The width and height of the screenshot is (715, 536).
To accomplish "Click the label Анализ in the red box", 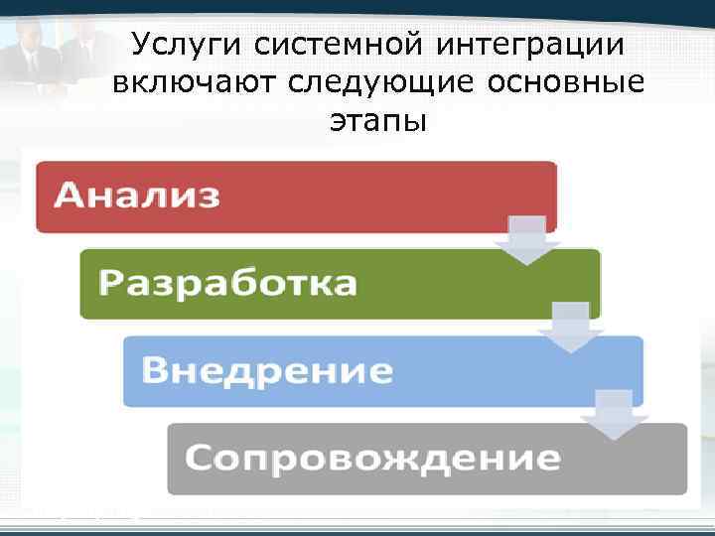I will pos(136,196).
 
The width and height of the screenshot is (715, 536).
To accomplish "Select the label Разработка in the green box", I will pos(228,283).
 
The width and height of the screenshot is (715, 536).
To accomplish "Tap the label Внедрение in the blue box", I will pos(268,370).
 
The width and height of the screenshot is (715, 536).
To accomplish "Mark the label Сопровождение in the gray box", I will pos(372,458).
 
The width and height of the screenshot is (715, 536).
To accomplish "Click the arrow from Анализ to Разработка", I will pos(527,239).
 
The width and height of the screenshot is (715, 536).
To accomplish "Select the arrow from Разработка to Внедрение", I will pos(570,328).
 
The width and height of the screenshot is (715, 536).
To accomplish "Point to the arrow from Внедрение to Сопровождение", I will pos(614,415).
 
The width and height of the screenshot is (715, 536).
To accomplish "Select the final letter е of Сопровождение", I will pos(547,460).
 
